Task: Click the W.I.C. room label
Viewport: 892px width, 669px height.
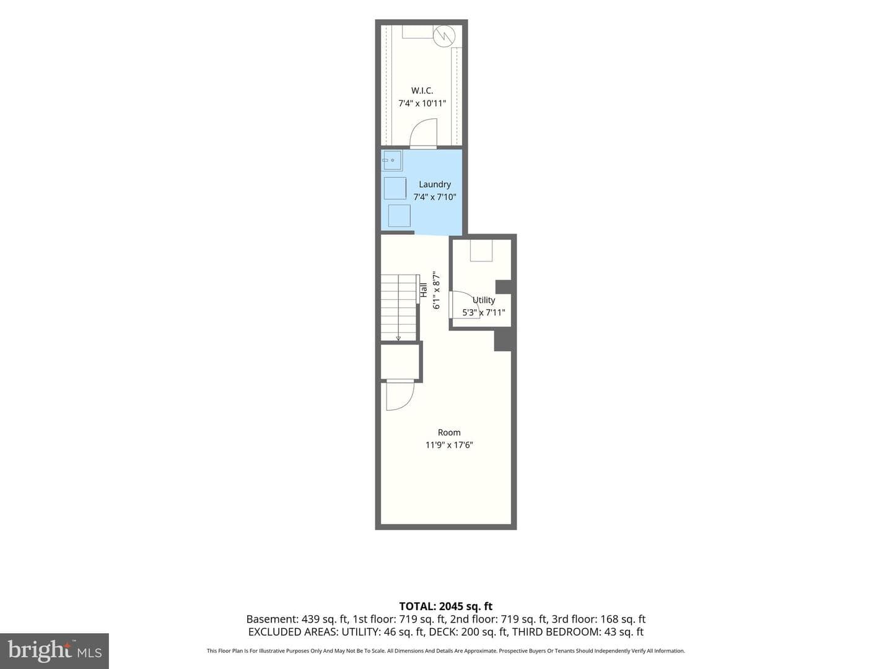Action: pos(422,90)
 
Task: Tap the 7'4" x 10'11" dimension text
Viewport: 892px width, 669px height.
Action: pos(422,103)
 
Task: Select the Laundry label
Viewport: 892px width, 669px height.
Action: pos(435,185)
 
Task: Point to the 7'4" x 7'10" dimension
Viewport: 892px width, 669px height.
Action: pos(435,198)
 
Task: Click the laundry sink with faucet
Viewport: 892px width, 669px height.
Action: pos(391,160)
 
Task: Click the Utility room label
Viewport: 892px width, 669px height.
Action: pos(484,300)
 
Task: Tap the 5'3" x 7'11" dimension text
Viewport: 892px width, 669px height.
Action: pos(484,313)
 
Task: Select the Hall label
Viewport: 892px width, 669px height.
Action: pos(424,290)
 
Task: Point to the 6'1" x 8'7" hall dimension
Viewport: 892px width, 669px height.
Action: pos(437,290)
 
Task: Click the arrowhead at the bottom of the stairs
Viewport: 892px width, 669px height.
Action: pos(398,338)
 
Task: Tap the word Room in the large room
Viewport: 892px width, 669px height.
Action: pos(449,432)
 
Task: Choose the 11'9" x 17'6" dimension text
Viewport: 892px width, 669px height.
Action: pos(449,445)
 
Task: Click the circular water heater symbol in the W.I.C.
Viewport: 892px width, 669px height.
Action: pos(444,37)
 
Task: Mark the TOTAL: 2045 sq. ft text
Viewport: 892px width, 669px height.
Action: pos(446,606)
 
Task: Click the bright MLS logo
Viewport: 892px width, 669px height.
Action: pos(55,650)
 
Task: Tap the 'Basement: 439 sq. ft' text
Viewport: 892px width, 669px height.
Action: pos(296,619)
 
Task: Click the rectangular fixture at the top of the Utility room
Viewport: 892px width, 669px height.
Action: pos(481,250)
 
